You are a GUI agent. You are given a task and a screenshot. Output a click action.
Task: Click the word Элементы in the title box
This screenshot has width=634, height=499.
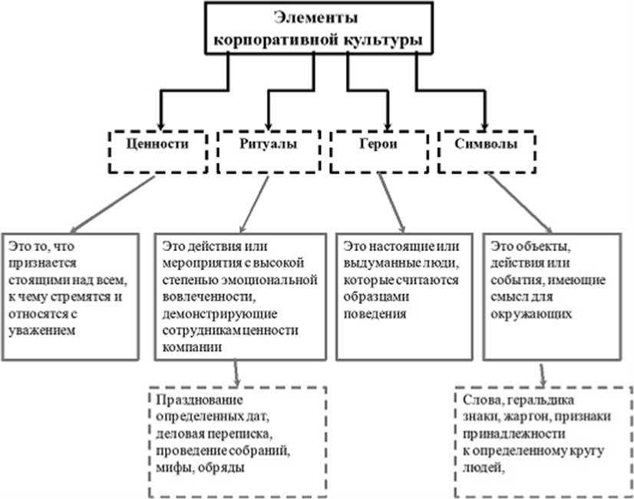[x=315, y=18]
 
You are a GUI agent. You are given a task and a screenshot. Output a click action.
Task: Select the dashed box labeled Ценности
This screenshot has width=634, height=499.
[x=157, y=152]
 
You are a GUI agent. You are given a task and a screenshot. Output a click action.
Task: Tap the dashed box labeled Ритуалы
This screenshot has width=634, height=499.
[x=269, y=152]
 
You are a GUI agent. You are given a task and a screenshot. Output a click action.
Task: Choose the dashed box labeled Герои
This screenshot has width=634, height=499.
[x=379, y=152]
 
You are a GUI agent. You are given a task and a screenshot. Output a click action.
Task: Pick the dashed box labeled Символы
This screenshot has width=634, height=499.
[x=487, y=152]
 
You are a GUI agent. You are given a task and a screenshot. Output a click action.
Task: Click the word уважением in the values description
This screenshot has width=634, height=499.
[x=42, y=331]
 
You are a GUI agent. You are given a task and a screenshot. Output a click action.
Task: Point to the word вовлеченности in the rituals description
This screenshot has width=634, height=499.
[x=210, y=297]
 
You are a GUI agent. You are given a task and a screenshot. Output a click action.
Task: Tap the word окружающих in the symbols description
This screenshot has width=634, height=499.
[x=531, y=314]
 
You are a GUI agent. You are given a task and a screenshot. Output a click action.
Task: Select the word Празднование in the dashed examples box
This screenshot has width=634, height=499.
[x=200, y=400]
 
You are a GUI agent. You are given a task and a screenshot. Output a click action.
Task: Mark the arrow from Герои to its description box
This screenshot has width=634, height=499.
[x=391, y=203]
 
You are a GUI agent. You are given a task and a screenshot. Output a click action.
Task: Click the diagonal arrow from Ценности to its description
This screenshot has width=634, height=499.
[x=112, y=204]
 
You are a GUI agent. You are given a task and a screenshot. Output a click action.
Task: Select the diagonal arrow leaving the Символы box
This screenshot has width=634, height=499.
[x=520, y=203]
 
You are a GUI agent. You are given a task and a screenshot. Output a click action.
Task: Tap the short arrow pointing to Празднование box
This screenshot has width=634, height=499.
[x=236, y=373]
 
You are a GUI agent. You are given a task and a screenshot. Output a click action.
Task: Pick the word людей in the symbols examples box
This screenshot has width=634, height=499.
[x=484, y=468]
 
